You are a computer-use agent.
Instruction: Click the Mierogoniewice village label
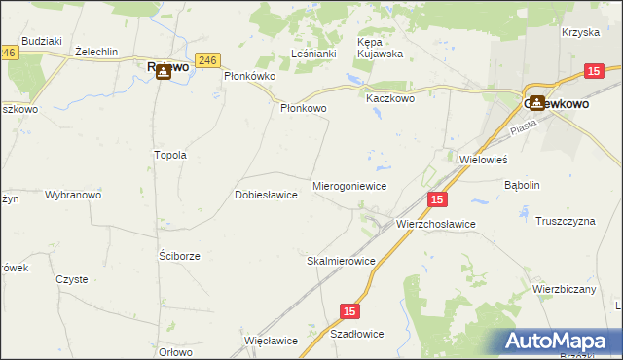coord(349,185)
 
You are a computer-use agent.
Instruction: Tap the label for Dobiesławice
coord(266,195)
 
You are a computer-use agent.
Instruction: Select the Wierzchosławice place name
coord(435,224)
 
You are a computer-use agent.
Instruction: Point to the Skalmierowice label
coord(341,262)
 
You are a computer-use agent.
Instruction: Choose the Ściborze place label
coord(179,256)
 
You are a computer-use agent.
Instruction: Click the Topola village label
coord(170,156)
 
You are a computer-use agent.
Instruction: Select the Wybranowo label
coord(73,195)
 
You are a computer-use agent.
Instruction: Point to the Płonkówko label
coord(250,76)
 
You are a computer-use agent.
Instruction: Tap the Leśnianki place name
coord(313,55)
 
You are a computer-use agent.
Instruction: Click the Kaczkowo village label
coord(390,99)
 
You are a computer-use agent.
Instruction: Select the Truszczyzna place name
coord(565,222)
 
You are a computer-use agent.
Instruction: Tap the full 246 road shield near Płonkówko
coord(205,60)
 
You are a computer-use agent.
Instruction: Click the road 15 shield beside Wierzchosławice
coord(436,199)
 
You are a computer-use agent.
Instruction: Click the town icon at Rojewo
coord(165,69)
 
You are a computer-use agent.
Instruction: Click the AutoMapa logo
coord(563,342)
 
